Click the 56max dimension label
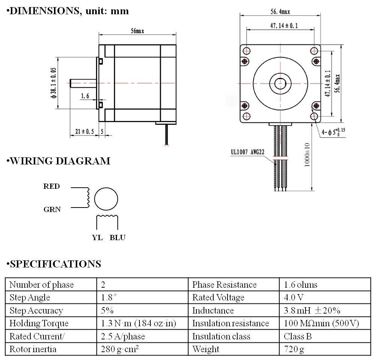tap(137, 31)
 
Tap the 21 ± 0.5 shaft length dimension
tap(84, 131)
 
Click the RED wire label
tap(52, 186)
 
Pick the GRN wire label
tap(52, 209)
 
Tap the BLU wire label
tap(117, 238)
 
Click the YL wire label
tap(97, 238)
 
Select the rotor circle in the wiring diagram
tap(106, 198)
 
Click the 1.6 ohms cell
tap(301, 285)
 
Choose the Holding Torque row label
tap(39, 323)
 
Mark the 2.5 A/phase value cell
tap(123, 336)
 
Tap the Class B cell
tap(298, 336)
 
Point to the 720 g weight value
tap(294, 349)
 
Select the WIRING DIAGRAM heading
tap(59, 161)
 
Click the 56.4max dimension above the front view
tap(280, 12)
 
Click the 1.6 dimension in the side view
tap(85, 96)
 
